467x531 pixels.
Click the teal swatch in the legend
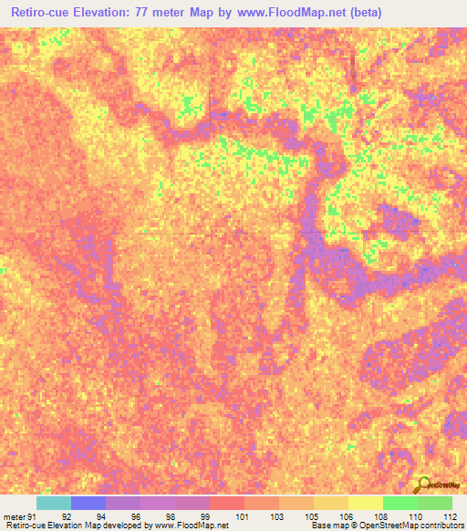pos(54,503)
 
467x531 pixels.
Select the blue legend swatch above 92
pos(88,503)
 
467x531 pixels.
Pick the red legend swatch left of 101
pos(227,503)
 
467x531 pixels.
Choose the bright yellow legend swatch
pos(366,503)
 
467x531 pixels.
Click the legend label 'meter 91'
pos(17,515)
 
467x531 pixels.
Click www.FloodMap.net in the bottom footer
pos(192,526)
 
